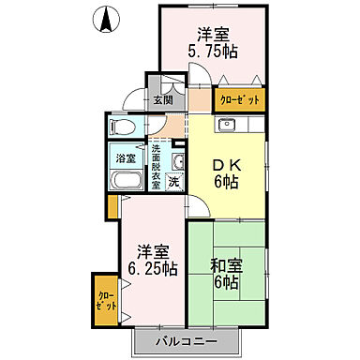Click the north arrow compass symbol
pos(106,17)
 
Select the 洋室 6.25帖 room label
pos(153,260)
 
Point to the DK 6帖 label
pos(226,169)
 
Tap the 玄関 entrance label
pos(162,98)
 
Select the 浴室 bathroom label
pos(125,157)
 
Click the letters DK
pos(226,160)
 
